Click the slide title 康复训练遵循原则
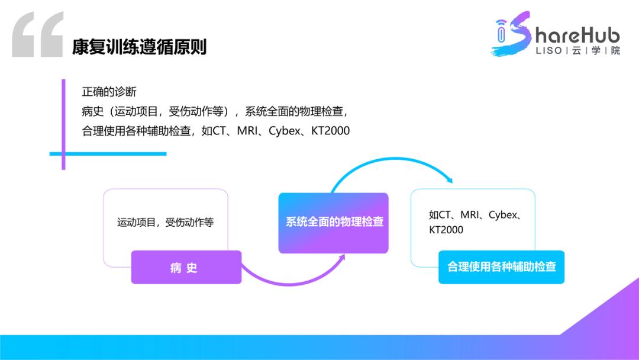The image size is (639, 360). (139, 47)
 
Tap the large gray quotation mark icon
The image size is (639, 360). (37, 35)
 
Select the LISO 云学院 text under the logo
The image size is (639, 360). (577, 51)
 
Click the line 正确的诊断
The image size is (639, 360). (109, 92)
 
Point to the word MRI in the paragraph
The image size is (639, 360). (247, 130)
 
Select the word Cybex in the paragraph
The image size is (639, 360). (285, 130)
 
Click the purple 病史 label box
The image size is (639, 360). (186, 268)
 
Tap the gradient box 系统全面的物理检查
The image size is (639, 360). (334, 223)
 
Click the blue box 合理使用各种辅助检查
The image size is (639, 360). (501, 267)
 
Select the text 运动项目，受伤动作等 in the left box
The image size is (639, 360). (165, 223)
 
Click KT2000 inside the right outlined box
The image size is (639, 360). (446, 230)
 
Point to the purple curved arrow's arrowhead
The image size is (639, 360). (342, 259)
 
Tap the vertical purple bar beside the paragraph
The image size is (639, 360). (63, 124)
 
